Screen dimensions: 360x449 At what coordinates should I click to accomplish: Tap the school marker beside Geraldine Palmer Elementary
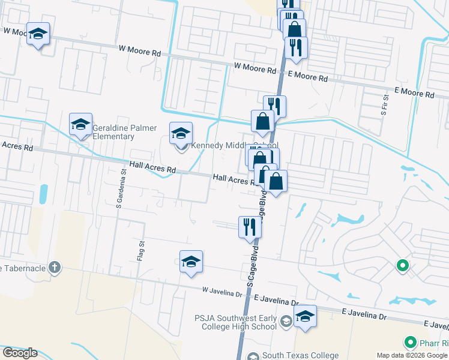[x=80, y=125]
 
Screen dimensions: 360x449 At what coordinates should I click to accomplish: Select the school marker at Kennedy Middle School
[x=181, y=134]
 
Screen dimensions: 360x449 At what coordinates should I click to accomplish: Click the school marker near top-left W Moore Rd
[x=38, y=34]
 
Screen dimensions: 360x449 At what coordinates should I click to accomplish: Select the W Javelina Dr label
[x=221, y=292]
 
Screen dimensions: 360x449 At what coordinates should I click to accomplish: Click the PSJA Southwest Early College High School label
[x=235, y=322]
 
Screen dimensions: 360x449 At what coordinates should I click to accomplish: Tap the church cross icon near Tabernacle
[x=55, y=267]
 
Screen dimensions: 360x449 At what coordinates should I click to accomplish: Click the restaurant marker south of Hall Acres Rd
[x=250, y=227]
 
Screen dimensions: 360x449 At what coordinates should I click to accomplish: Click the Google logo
[x=20, y=353]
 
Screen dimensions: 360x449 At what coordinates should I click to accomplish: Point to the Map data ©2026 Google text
[x=412, y=355]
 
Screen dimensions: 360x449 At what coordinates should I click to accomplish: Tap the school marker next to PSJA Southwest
[x=305, y=317]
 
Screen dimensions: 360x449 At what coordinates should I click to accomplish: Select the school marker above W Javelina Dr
[x=191, y=262]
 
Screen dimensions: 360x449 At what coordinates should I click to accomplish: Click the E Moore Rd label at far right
[x=414, y=93]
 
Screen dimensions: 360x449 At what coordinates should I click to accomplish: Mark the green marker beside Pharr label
[x=411, y=343]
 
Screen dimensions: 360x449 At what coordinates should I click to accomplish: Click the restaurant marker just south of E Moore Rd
[x=274, y=106]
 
